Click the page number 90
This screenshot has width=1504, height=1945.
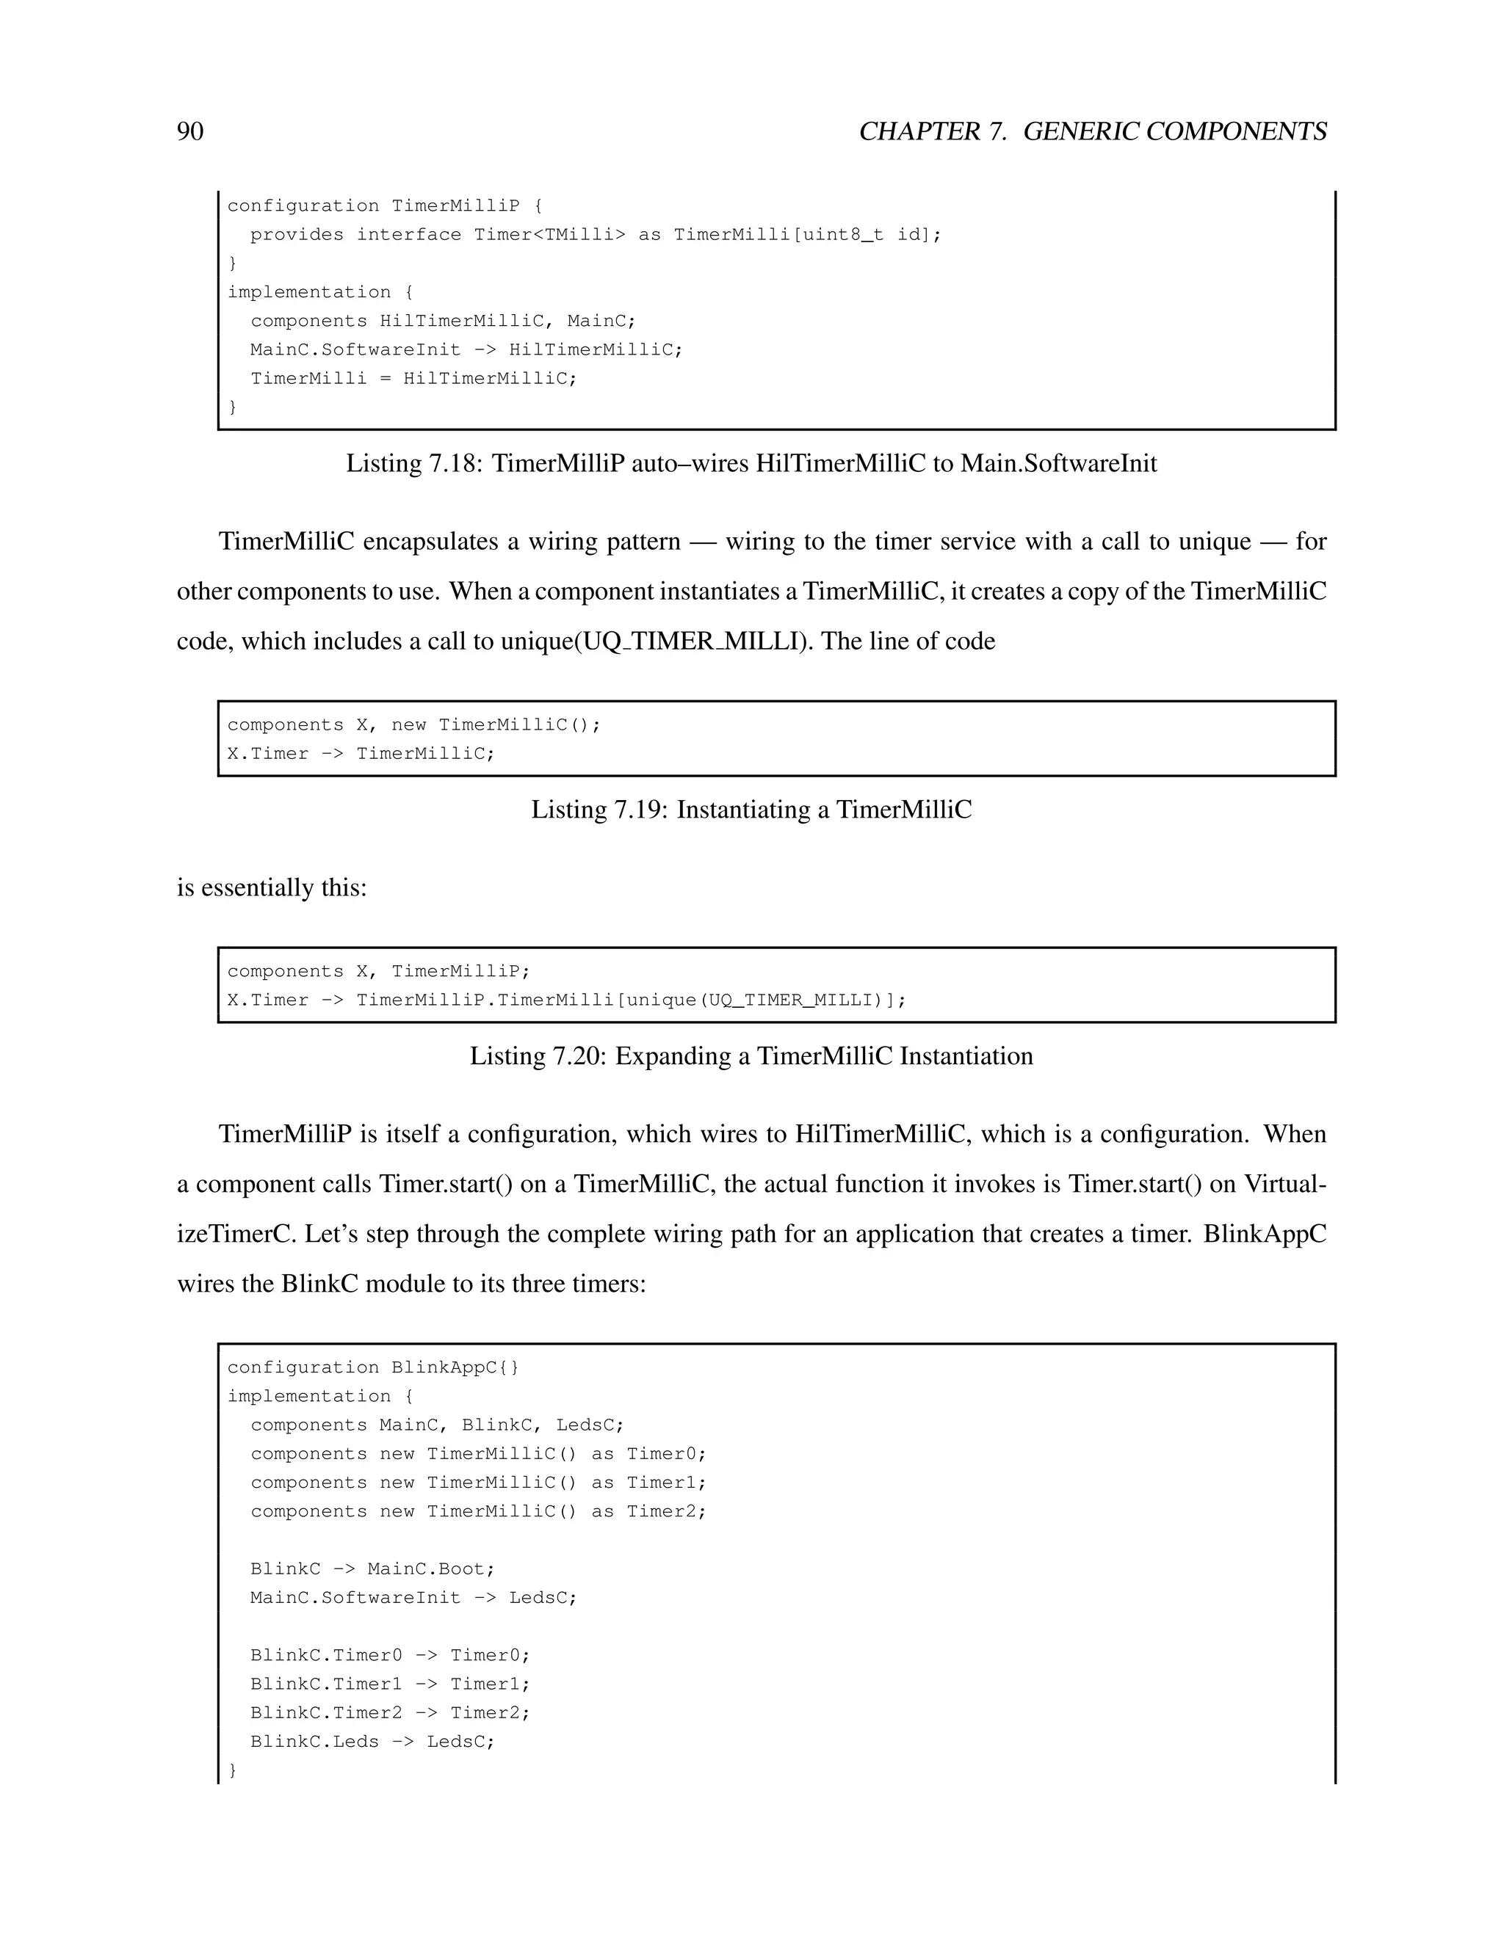189,132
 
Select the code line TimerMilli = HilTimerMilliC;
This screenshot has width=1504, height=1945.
413,379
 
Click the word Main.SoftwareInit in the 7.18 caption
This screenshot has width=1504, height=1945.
1058,463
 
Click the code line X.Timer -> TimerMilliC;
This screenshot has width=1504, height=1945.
361,755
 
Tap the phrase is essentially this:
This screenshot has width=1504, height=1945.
272,888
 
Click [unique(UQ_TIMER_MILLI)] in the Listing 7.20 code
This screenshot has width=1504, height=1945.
761,1000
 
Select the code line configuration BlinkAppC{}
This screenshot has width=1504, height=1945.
372,1368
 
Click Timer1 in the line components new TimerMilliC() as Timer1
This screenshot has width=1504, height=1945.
665,1483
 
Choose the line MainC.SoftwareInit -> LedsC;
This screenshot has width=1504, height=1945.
413,1598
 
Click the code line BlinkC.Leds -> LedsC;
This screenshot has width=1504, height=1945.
372,1742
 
